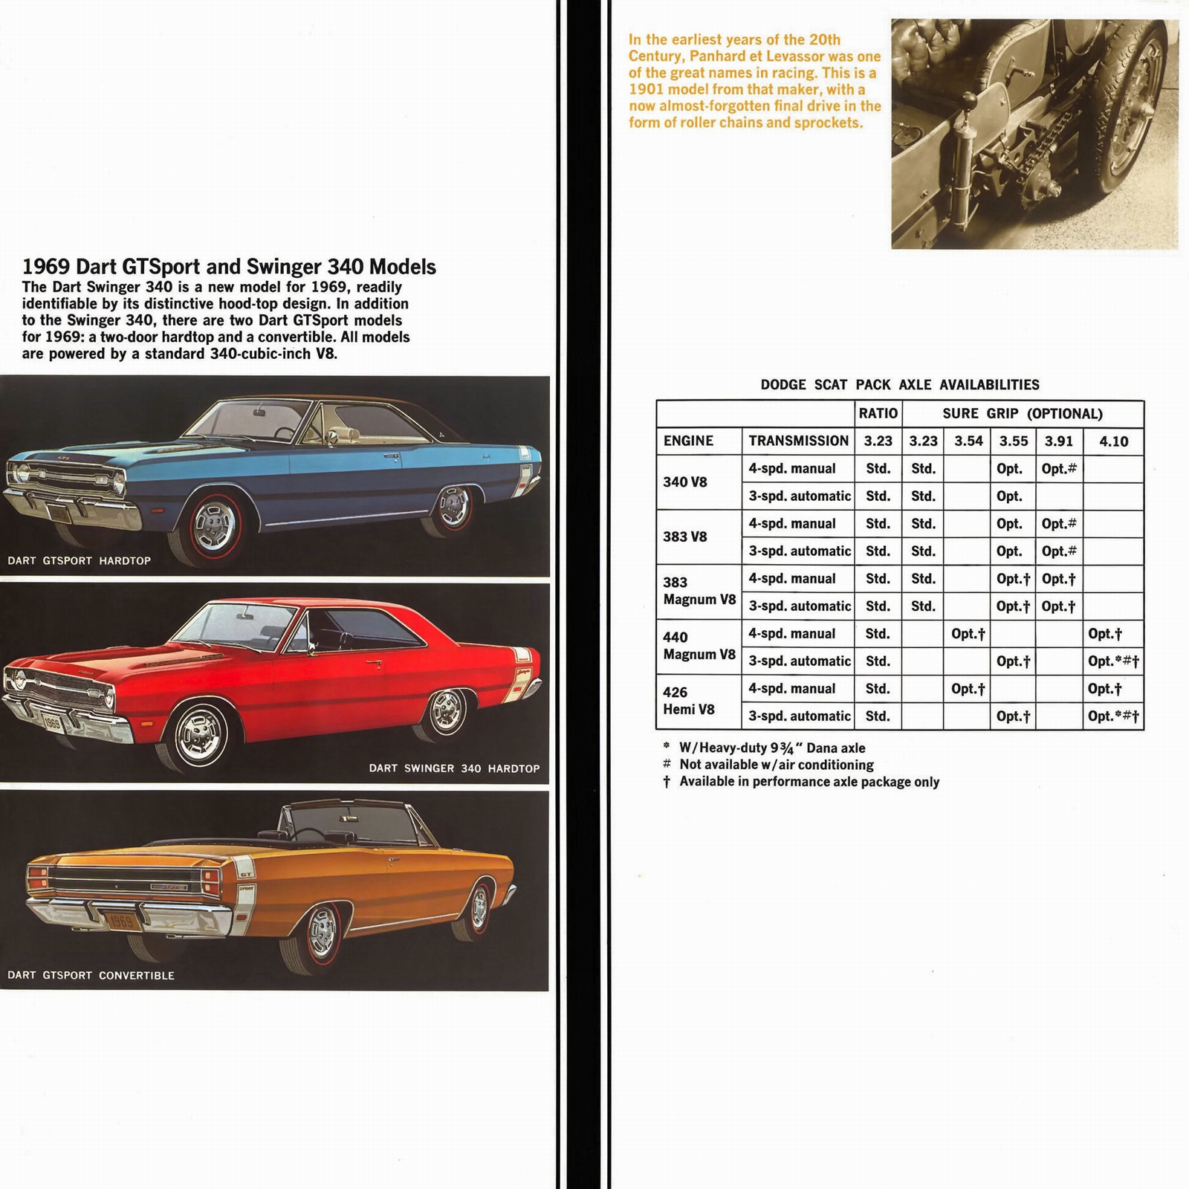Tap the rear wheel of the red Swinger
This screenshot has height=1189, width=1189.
coord(447,712)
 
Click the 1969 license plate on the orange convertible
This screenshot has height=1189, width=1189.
coord(121,922)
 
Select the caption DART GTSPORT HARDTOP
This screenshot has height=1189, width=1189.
coord(79,560)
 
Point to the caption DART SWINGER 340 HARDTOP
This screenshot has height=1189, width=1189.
coord(454,768)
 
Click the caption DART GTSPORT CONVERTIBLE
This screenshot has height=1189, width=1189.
coord(91,975)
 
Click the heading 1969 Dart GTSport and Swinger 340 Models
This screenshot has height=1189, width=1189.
coord(229,267)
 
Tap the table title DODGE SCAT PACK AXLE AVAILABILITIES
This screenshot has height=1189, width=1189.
coord(899,384)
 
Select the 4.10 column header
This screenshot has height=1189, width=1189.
coord(1113,441)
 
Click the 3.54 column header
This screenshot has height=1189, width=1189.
coord(968,441)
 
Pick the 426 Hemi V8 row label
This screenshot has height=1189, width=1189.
coord(688,701)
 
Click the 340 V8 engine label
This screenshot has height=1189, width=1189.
coord(684,482)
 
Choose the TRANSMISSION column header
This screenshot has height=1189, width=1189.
coord(798,441)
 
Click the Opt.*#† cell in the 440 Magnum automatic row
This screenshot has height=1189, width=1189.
coord(1112,661)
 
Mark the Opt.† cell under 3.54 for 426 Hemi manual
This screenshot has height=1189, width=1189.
coord(968,689)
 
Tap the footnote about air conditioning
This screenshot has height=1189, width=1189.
coord(776,765)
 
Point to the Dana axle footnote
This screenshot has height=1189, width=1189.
coord(771,748)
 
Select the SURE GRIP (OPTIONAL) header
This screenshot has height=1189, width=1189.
coord(1022,414)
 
